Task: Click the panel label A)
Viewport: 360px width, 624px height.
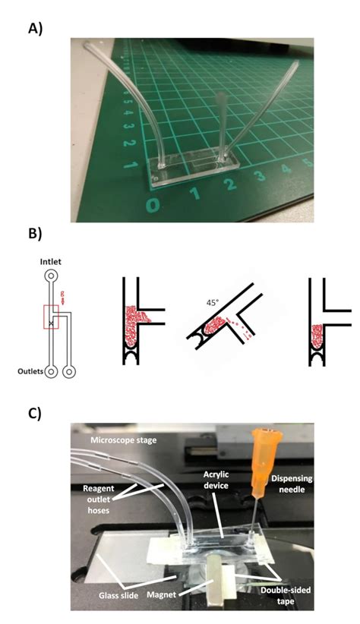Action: pos(35,29)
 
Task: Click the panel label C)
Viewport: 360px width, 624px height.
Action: pos(35,414)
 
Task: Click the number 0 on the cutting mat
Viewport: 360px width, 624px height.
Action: pos(154,206)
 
